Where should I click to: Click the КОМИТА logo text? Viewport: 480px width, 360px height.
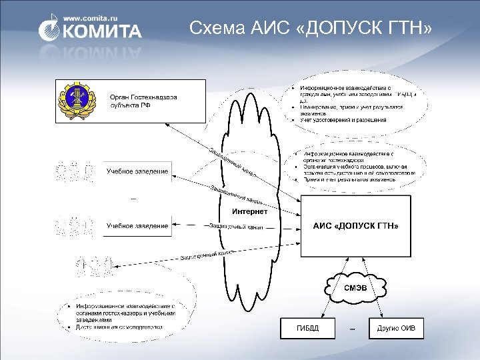point(101,31)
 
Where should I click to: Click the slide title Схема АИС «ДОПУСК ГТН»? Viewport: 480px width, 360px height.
point(310,28)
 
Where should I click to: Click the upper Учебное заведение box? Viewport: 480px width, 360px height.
point(137,172)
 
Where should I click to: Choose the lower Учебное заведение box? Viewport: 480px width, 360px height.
point(137,226)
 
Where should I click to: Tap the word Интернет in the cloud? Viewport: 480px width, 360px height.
point(249,211)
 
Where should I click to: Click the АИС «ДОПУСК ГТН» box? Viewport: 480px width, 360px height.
point(356,226)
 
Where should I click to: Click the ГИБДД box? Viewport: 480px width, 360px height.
point(307,328)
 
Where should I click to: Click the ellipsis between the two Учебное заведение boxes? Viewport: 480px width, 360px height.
point(133,198)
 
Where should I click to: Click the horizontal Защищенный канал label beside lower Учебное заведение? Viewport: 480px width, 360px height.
point(236,227)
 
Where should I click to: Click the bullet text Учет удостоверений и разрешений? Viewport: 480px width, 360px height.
point(343,120)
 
